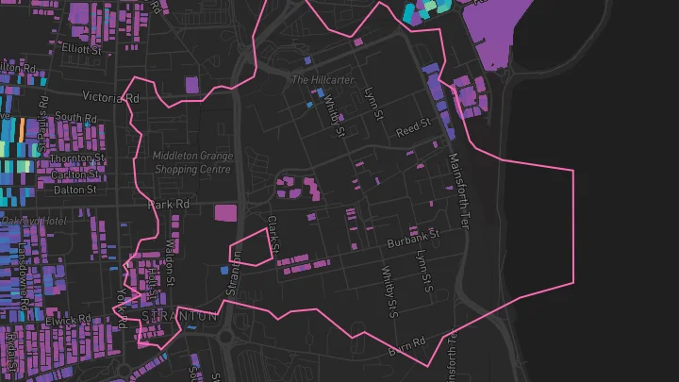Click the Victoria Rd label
tap(111, 96)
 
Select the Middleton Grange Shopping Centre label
tap(191, 162)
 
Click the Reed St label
tap(412, 128)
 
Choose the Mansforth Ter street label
tap(458, 191)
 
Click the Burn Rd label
tap(408, 345)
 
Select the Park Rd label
tap(170, 204)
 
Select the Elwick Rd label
tap(71, 319)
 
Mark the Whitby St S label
tap(388, 285)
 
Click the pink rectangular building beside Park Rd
tap(225, 212)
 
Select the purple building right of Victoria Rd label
tap(192, 85)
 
